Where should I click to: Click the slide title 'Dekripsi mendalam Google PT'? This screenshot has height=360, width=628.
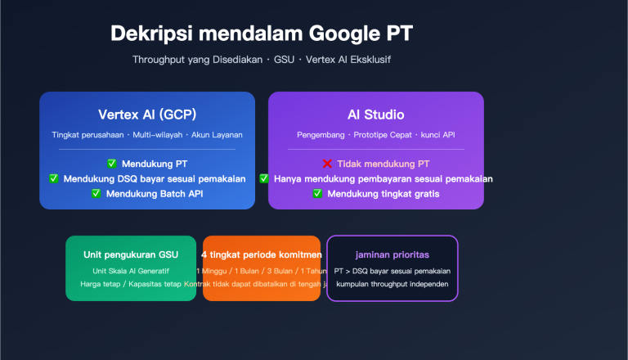coord(262,34)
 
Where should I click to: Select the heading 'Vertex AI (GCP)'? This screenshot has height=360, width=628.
coord(147,115)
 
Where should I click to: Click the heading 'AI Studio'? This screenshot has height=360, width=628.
coord(376,115)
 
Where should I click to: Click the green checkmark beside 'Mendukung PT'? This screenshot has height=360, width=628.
coord(112,164)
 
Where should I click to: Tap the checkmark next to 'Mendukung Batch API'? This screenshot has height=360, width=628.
coord(96,193)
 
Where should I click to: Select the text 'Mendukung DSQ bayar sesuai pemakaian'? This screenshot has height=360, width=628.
coord(155,178)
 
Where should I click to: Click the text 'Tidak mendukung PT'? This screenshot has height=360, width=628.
coord(384,164)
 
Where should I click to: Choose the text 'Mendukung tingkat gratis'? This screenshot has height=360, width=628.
coord(384,193)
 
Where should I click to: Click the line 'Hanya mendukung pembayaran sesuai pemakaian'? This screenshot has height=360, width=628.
coord(384,178)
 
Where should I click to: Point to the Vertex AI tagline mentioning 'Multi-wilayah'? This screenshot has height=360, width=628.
coord(147,134)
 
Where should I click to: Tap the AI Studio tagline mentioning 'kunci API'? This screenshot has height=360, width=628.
coord(376,134)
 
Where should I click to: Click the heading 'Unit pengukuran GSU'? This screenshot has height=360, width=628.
coord(131,254)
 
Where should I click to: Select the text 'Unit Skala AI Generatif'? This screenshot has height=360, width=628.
coord(131,271)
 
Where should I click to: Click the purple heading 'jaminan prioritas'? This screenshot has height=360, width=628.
coord(392,254)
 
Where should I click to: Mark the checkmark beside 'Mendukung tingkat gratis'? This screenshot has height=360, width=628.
coord(318,193)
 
